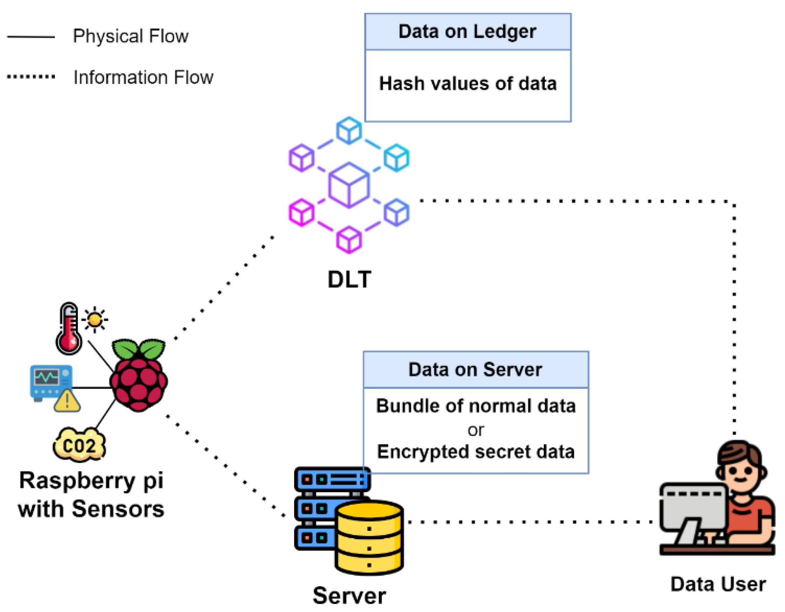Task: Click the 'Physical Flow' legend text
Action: click(130, 36)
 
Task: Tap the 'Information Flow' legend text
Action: click(143, 77)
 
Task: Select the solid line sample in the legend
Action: click(31, 37)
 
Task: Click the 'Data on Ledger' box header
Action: click(467, 32)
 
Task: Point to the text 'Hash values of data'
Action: click(468, 84)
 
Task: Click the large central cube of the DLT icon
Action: click(349, 185)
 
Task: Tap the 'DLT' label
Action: click(349, 279)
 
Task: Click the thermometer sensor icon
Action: click(68, 329)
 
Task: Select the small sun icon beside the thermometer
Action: click(95, 319)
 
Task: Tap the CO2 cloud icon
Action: click(79, 445)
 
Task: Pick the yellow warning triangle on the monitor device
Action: click(67, 402)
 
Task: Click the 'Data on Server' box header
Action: click(475, 370)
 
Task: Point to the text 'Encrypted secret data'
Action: click(476, 451)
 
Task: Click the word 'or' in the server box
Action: click(476, 430)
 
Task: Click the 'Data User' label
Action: click(718, 584)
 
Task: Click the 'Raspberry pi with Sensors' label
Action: click(91, 495)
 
